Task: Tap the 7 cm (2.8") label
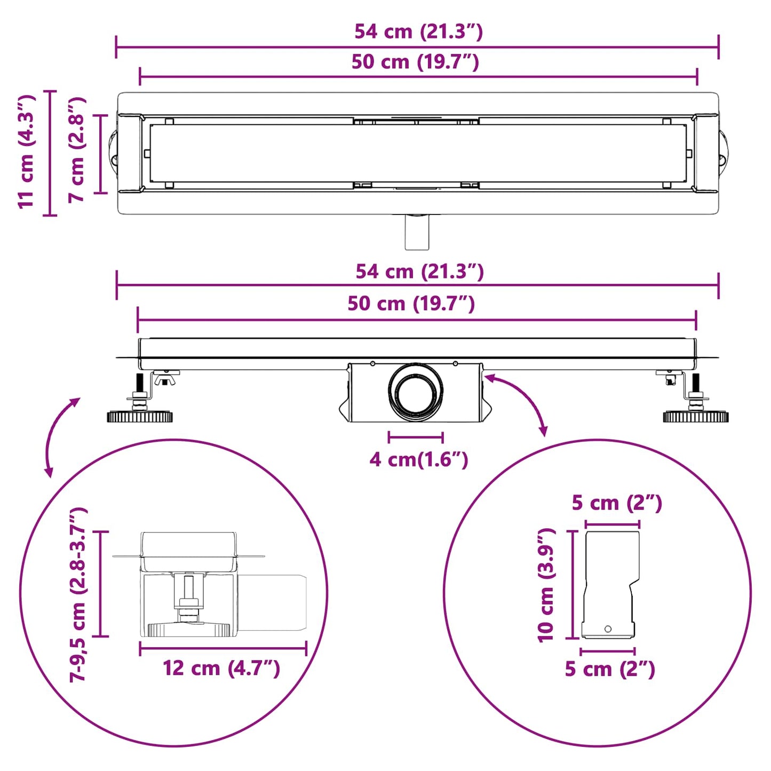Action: click(x=77, y=150)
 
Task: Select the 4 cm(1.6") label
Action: click(x=418, y=459)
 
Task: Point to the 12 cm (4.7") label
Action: click(x=221, y=668)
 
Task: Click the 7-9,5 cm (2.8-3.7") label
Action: click(x=77, y=594)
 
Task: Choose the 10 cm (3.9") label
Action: click(x=546, y=585)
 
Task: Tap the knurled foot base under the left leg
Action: click(x=140, y=417)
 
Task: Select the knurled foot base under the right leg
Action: click(x=696, y=417)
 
